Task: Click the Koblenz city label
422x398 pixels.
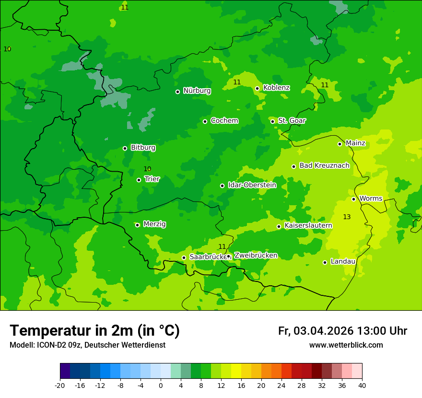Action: [x=276, y=88]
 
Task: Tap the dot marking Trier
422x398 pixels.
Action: [x=139, y=180]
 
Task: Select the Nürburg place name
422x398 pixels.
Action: [x=197, y=91]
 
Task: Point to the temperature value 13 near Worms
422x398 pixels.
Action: [x=347, y=217]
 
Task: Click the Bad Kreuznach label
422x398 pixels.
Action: [x=324, y=166]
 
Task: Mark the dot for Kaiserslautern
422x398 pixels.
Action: [x=279, y=226]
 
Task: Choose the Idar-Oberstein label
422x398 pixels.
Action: [x=252, y=185]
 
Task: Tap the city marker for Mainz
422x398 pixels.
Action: [x=340, y=144]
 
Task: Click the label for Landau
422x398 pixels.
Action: [x=343, y=262]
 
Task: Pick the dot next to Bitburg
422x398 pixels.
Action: [x=125, y=148]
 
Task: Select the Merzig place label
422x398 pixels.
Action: [x=154, y=224]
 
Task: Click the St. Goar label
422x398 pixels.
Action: [x=292, y=121]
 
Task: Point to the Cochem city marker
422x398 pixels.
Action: [x=205, y=121]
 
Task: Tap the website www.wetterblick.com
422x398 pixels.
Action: [x=346, y=345]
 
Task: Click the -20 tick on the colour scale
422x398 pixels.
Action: [x=60, y=386]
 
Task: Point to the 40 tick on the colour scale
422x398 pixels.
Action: [x=362, y=386]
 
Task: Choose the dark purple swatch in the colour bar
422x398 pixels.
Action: [x=65, y=371]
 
